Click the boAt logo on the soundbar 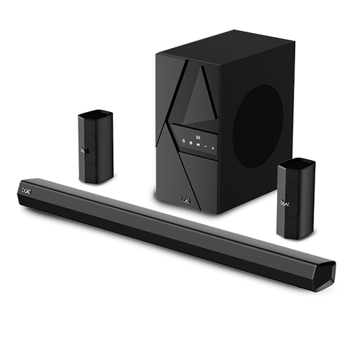(32, 192)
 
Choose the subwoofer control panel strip (197, 143)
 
